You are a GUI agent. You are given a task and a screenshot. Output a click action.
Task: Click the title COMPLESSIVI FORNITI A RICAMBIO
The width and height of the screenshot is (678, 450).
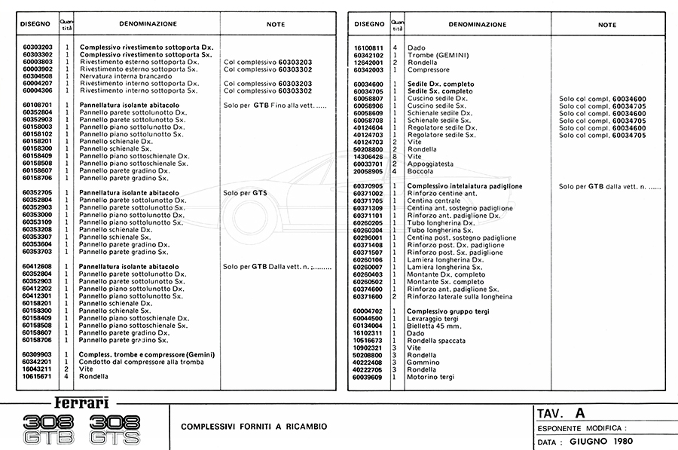pos(254,427)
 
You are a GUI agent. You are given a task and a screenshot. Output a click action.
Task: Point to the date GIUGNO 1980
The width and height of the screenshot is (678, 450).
pos(595,443)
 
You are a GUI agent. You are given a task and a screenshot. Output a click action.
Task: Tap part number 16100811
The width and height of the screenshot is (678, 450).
pos(368,48)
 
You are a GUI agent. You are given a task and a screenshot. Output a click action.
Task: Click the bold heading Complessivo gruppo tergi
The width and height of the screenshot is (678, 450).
pos(448,311)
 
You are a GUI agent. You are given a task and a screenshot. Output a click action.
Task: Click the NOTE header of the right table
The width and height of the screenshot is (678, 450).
pos(606,25)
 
